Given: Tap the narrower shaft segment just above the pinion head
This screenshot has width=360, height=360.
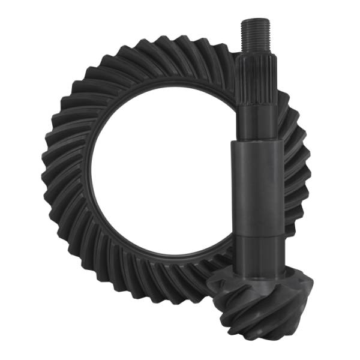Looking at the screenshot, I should [258, 252].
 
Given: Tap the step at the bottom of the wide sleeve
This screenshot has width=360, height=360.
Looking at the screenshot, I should [257, 235].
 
